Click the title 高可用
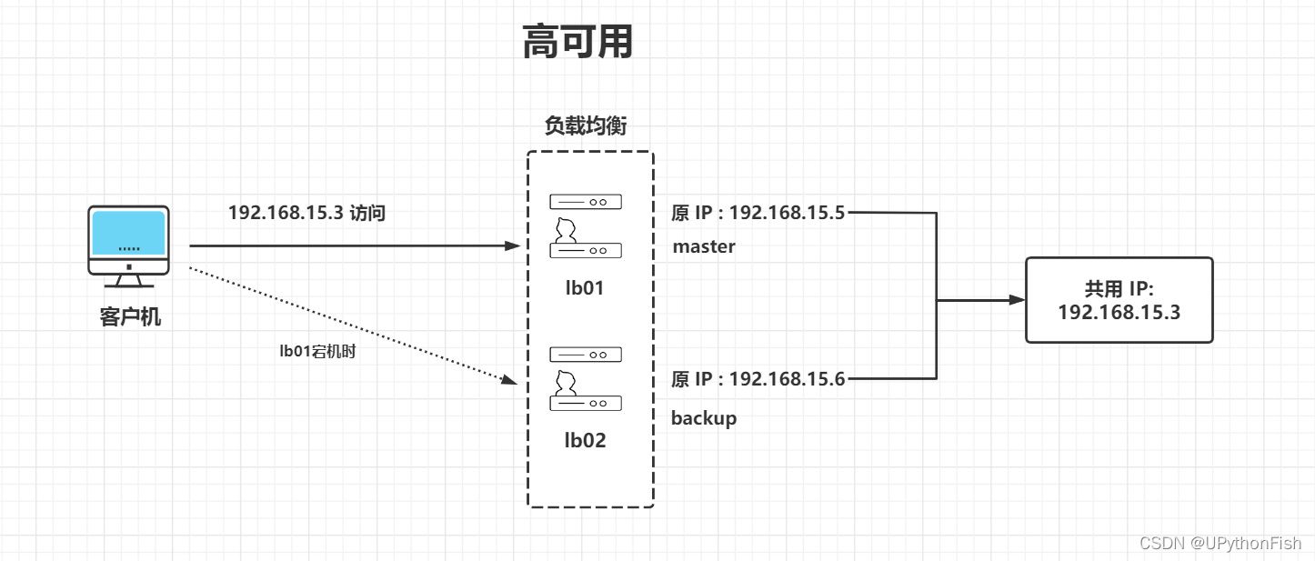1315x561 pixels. click(577, 42)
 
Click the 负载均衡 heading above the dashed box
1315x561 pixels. click(586, 126)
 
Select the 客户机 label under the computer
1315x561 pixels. click(130, 317)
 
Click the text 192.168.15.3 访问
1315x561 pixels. click(306, 213)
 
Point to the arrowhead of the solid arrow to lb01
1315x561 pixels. click(511, 245)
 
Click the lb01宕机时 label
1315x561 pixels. click(316, 352)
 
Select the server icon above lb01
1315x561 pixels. click(585, 224)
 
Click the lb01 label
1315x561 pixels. click(584, 288)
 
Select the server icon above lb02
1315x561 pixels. click(585, 376)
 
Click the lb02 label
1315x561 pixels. click(585, 441)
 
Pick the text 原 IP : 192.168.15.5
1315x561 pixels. click(758, 214)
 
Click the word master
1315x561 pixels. click(704, 246)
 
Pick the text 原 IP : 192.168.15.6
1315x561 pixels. click(758, 379)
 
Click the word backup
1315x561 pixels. click(704, 418)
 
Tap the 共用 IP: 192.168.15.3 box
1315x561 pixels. click(1119, 300)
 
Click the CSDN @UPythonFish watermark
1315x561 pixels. click(1220, 543)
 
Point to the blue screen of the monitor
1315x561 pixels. click(128, 233)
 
